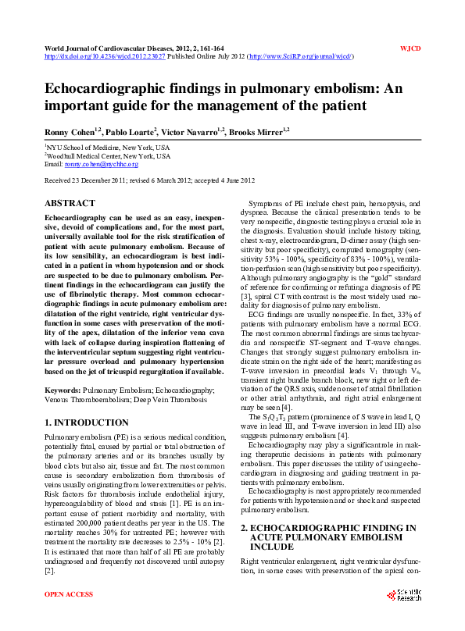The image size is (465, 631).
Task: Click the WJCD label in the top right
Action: (410, 48)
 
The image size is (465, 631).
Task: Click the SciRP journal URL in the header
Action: (300, 57)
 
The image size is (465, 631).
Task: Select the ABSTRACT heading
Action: (70, 203)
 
